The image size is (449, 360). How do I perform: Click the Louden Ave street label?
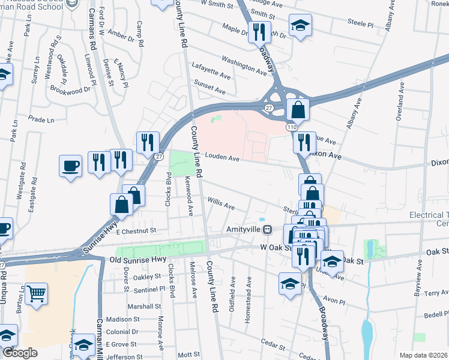[222, 158]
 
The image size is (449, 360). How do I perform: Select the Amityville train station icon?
[270, 229]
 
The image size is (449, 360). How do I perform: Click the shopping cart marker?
[37, 295]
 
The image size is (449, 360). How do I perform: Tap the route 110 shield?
[292, 128]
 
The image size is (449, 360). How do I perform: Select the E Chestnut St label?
[136, 230]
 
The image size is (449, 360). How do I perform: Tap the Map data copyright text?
[423, 355]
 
